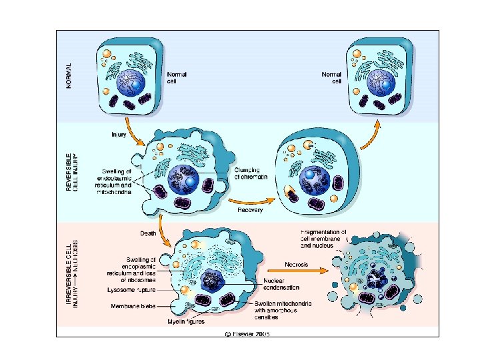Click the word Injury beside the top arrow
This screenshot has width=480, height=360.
click(x=118, y=135)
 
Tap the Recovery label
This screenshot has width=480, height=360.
click(x=251, y=210)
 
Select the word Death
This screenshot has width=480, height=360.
click(x=148, y=233)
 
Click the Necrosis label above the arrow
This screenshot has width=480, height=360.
click(x=296, y=264)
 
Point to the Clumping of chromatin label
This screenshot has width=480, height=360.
click(x=251, y=173)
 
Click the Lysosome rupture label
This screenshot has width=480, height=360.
click(x=131, y=290)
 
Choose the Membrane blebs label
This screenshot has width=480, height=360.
click(x=133, y=307)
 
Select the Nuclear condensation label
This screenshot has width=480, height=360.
click(x=282, y=284)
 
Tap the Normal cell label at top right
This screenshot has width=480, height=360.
click(x=332, y=78)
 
